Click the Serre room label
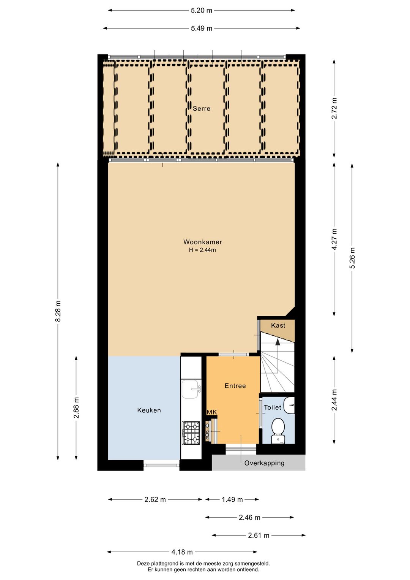(201, 109)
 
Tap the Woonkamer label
(203, 242)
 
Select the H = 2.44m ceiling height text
(202, 250)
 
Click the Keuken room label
(149, 410)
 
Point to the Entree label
(235, 386)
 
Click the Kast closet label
(278, 326)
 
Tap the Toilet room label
(272, 407)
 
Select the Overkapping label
(264, 463)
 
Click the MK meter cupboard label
(212, 412)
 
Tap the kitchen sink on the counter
(191, 389)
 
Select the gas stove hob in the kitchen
(191, 433)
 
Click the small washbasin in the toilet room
(289, 405)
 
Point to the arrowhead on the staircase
(278, 342)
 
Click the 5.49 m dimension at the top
(202, 29)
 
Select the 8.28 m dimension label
(58, 311)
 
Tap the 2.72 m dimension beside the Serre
(334, 108)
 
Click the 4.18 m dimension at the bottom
(182, 552)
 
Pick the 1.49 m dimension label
(232, 499)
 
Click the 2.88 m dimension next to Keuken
(76, 408)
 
